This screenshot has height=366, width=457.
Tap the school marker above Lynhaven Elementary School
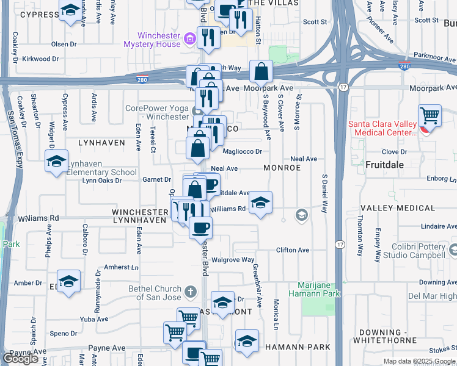(x=56, y=161)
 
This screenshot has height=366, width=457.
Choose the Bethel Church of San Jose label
(x=155, y=293)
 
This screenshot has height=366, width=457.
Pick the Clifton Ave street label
(x=293, y=250)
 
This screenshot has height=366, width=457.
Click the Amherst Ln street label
(x=122, y=267)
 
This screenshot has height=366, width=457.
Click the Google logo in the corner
(x=20, y=359)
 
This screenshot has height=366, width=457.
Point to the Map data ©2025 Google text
(x=419, y=361)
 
